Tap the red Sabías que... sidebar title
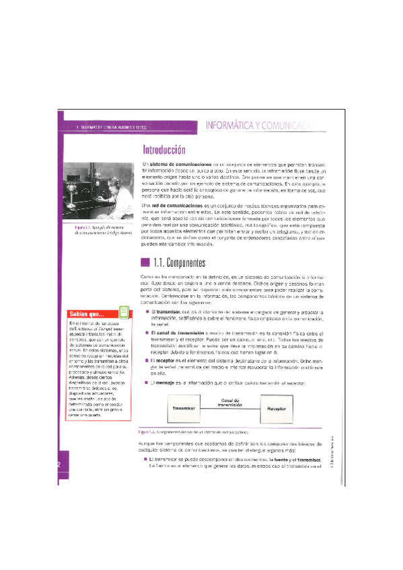(x=89, y=313)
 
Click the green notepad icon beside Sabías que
(x=123, y=312)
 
